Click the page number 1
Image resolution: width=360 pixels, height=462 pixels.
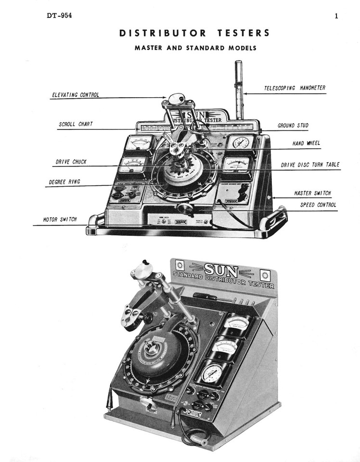[x=336, y=15]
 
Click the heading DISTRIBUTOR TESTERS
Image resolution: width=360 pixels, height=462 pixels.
[x=194, y=33]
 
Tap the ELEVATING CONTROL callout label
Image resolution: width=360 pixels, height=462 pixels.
[x=75, y=95]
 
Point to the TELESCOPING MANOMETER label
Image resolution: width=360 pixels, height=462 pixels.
[x=295, y=88]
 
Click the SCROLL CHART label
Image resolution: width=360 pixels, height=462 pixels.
[x=76, y=124]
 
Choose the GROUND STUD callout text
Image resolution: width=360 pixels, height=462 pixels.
[x=293, y=126]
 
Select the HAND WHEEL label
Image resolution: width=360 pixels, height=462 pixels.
[x=306, y=143]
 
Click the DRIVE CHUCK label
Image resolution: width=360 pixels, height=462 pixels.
[x=70, y=162]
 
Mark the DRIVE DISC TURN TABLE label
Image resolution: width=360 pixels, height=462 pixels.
[x=310, y=165]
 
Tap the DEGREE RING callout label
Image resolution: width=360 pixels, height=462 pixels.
[x=64, y=182]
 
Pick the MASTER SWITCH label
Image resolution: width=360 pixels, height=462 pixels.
[x=312, y=193]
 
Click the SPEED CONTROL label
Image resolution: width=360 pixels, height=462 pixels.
[x=318, y=205]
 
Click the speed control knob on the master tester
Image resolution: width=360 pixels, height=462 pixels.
[x=183, y=208]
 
